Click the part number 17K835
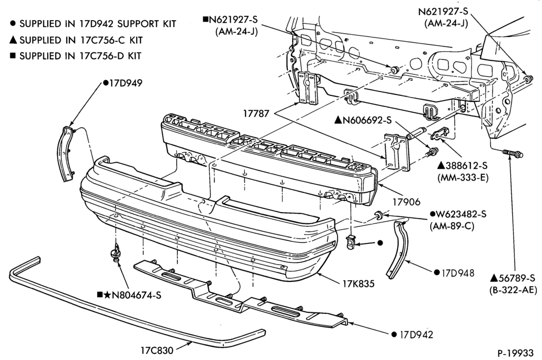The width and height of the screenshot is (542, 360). tap(358, 284)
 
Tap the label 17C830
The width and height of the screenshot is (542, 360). tap(157, 350)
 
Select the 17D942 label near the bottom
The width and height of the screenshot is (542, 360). tap(416, 335)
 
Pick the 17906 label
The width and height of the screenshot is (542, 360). tap(406, 202)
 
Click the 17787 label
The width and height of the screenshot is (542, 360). tap(256, 113)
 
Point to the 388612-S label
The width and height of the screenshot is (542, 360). tap(462, 166)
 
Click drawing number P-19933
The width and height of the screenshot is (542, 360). tap(516, 353)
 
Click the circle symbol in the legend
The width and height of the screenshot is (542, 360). tap(13, 23)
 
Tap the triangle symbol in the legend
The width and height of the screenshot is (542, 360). tap(13, 40)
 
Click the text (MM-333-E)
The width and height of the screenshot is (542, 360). tap(462, 178)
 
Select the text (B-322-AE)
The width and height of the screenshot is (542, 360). tap(513, 290)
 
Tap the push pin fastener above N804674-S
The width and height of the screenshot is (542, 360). tap(116, 253)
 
